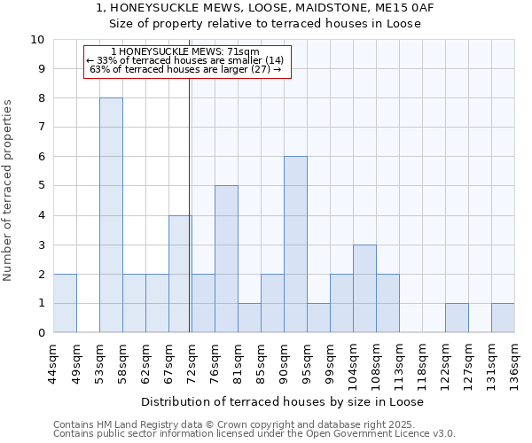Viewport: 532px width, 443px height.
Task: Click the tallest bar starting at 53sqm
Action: click(111, 215)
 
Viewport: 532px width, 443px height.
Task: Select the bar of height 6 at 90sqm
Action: click(295, 245)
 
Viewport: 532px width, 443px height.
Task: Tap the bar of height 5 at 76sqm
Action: click(226, 259)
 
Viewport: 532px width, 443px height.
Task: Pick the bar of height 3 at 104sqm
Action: click(364, 289)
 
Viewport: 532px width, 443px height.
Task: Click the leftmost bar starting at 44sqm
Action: click(65, 303)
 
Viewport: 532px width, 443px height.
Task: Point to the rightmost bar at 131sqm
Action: click(503, 318)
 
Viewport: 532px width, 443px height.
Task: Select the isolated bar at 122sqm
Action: click(457, 318)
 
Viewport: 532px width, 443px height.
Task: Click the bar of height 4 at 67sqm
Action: click(180, 274)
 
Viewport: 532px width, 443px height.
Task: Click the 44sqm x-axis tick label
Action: click(53, 360)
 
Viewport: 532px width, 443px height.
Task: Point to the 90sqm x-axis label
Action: click(284, 360)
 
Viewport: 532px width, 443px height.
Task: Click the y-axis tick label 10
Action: click(37, 40)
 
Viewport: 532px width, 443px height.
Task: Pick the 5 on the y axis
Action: click(41, 186)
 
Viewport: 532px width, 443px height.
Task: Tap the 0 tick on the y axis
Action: click(41, 333)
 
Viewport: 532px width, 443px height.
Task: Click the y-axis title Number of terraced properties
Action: click(9, 190)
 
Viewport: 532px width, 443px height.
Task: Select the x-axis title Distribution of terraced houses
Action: click(282, 401)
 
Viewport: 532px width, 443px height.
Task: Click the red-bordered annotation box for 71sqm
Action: click(187, 61)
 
